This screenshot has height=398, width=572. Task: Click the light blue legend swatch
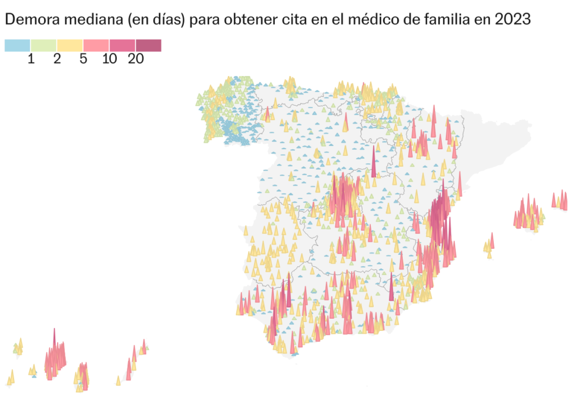click(x=17, y=45)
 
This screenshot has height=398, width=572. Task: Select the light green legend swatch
click(x=44, y=45)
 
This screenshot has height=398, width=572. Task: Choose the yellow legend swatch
click(x=70, y=45)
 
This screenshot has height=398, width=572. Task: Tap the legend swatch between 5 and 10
click(x=96, y=45)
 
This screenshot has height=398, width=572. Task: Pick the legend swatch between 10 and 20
click(x=122, y=45)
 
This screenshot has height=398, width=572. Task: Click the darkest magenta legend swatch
click(x=149, y=45)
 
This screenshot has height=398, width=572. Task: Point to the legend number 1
click(x=31, y=59)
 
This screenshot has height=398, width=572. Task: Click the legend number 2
click(x=57, y=59)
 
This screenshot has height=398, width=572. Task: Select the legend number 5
click(x=83, y=59)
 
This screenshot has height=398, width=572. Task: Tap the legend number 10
click(x=109, y=59)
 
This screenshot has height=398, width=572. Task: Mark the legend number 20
click(x=136, y=59)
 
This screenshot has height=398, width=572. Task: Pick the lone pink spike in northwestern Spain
click(x=268, y=115)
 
